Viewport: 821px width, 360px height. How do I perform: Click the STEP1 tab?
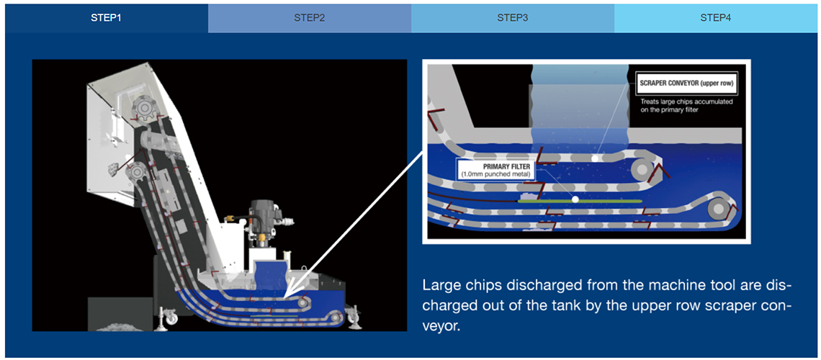point(107,18)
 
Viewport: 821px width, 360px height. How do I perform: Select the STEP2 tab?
point(310,18)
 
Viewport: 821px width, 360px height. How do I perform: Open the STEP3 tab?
point(513,18)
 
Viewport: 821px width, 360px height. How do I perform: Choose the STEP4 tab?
point(715,18)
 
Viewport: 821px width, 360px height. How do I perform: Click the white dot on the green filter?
point(575,199)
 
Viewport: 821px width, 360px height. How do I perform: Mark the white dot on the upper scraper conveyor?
point(594,157)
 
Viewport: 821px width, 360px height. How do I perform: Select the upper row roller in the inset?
point(642,169)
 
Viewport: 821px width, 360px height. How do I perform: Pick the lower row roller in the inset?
point(718,210)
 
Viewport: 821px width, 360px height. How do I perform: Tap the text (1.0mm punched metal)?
point(495,174)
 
